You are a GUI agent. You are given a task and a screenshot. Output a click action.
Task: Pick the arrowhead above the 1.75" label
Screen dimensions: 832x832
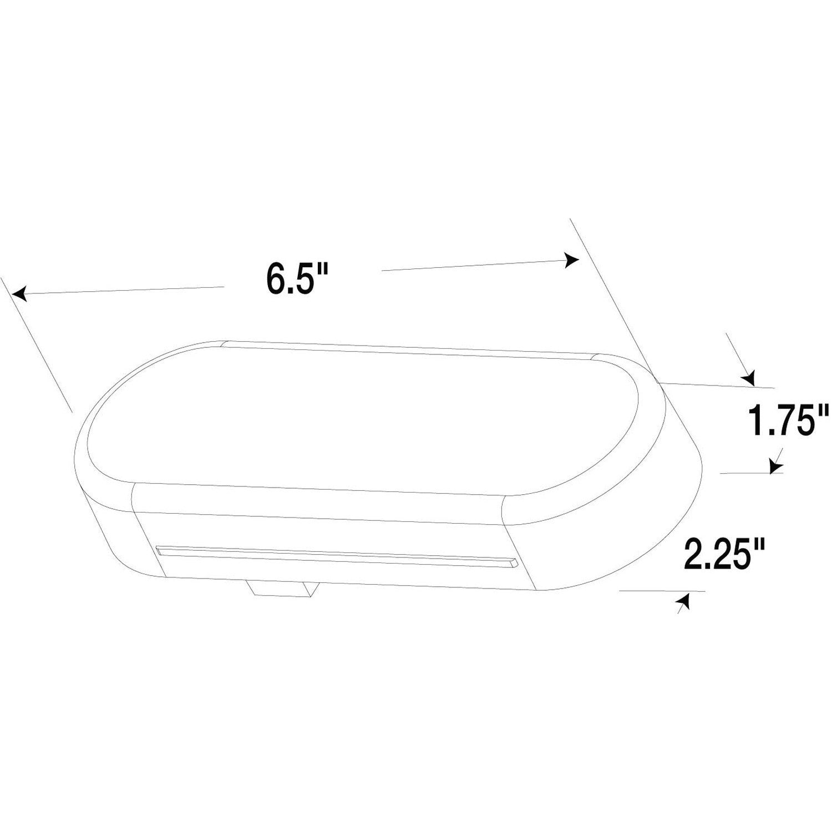[749, 379]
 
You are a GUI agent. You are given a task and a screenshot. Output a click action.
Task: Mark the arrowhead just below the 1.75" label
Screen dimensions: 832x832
[775, 468]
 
